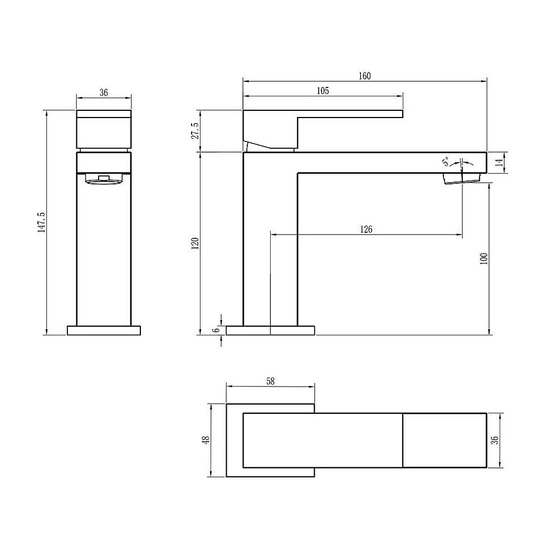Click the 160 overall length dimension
364,76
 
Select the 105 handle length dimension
323,91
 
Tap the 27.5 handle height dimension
195,131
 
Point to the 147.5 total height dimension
42,222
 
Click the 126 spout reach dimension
366,229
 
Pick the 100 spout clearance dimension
483,258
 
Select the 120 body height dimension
194,244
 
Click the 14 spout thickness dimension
499,163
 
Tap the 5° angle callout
446,162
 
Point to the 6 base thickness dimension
216,330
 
